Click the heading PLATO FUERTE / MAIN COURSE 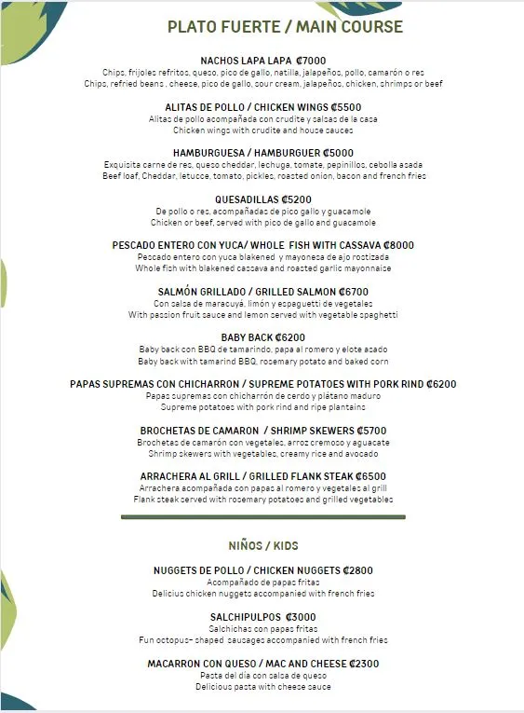(285, 27)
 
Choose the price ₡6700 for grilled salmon (350, 292)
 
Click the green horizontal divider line (263, 515)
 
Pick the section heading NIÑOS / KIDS (263, 545)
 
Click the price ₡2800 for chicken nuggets (357, 570)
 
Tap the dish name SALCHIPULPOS (245, 617)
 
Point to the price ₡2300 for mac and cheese (363, 664)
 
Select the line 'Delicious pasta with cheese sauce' (263, 687)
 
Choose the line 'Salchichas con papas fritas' (263, 629)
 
